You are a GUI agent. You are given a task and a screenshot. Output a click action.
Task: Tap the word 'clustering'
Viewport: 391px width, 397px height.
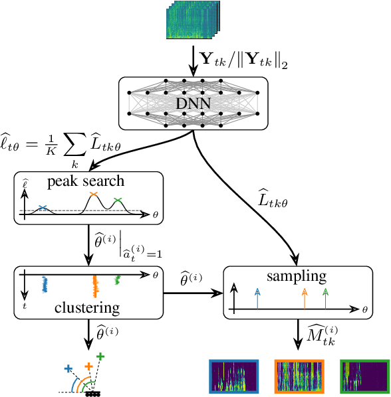[87, 307]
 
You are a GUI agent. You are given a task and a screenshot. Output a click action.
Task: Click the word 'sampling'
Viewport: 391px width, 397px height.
[297, 276]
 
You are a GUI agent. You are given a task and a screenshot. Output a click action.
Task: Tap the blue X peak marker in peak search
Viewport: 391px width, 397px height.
[43, 208]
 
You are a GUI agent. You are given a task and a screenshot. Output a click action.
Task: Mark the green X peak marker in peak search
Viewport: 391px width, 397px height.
[118, 200]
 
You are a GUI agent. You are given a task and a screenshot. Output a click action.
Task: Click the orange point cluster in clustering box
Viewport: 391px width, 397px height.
[94, 286]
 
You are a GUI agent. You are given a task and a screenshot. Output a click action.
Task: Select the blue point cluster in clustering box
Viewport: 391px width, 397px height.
[44, 285]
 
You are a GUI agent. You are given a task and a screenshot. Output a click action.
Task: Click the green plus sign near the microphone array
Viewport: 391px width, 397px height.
[100, 357]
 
